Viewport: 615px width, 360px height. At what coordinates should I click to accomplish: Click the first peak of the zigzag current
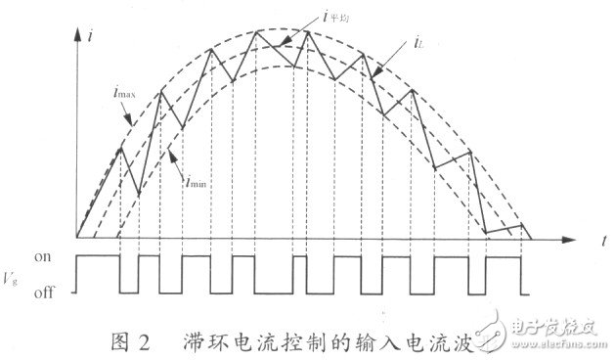120,149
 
